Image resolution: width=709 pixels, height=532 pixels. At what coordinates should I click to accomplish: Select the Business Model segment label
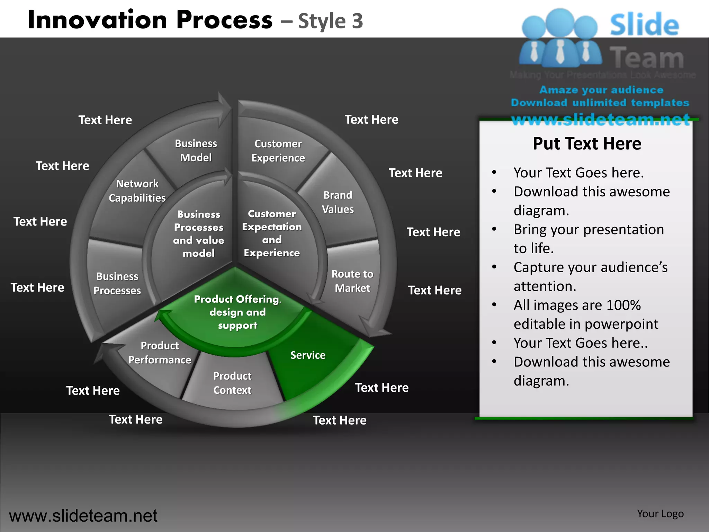coord(196,151)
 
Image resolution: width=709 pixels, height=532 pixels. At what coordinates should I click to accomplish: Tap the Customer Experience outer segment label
coord(278,151)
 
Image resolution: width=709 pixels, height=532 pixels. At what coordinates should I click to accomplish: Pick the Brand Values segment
coord(338,202)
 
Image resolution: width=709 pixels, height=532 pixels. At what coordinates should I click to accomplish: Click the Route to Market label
coord(352,281)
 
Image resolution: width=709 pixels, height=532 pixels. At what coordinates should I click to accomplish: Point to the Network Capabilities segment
coord(137,191)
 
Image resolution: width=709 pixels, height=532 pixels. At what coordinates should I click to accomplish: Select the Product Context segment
coord(232,383)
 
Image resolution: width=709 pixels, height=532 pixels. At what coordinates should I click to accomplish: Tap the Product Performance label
coord(160,353)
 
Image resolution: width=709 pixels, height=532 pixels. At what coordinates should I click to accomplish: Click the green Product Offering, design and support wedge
coord(237,312)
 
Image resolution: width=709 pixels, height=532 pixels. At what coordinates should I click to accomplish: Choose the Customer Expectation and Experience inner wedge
coord(272,233)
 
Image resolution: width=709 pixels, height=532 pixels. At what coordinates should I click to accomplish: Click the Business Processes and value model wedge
coord(199,233)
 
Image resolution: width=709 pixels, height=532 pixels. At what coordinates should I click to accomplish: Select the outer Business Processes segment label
coord(117,283)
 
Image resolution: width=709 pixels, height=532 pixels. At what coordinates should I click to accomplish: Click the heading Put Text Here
coord(587,143)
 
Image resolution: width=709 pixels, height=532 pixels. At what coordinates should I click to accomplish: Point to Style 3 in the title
coord(330,21)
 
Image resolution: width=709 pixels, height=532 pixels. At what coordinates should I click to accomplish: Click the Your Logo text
coord(660,514)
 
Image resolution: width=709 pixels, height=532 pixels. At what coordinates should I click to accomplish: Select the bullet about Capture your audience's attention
coord(590,277)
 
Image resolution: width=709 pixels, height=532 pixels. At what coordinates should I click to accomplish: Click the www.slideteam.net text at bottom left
coord(83,516)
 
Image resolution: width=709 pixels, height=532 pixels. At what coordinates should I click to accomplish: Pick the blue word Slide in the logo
coord(644,25)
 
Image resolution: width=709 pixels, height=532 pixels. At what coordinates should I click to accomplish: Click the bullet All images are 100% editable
coord(586,314)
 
